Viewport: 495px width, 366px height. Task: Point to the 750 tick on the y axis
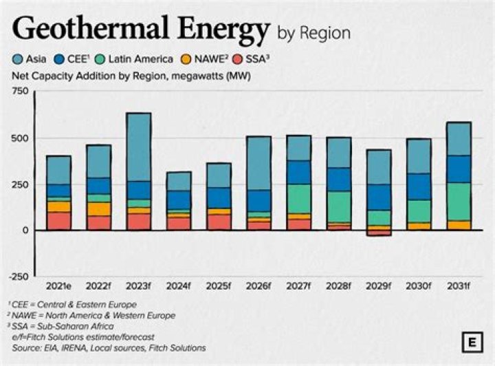(20, 91)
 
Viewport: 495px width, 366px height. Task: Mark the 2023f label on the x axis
(138, 285)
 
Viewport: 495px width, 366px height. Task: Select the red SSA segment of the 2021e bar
(58, 221)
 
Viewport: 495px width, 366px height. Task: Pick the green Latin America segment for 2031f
(458, 201)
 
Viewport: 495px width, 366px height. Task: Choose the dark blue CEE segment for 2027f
(298, 172)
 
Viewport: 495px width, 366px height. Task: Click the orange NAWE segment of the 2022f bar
(98, 208)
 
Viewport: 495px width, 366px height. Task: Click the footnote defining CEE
(72, 304)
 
